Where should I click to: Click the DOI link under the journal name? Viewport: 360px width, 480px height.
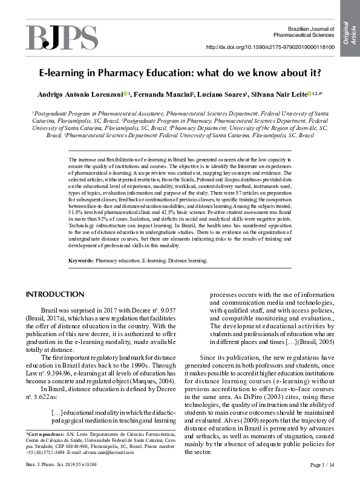tap(270, 47)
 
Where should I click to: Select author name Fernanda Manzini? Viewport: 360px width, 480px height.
tap(162, 94)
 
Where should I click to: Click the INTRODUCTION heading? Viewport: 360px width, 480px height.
tap(54, 294)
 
